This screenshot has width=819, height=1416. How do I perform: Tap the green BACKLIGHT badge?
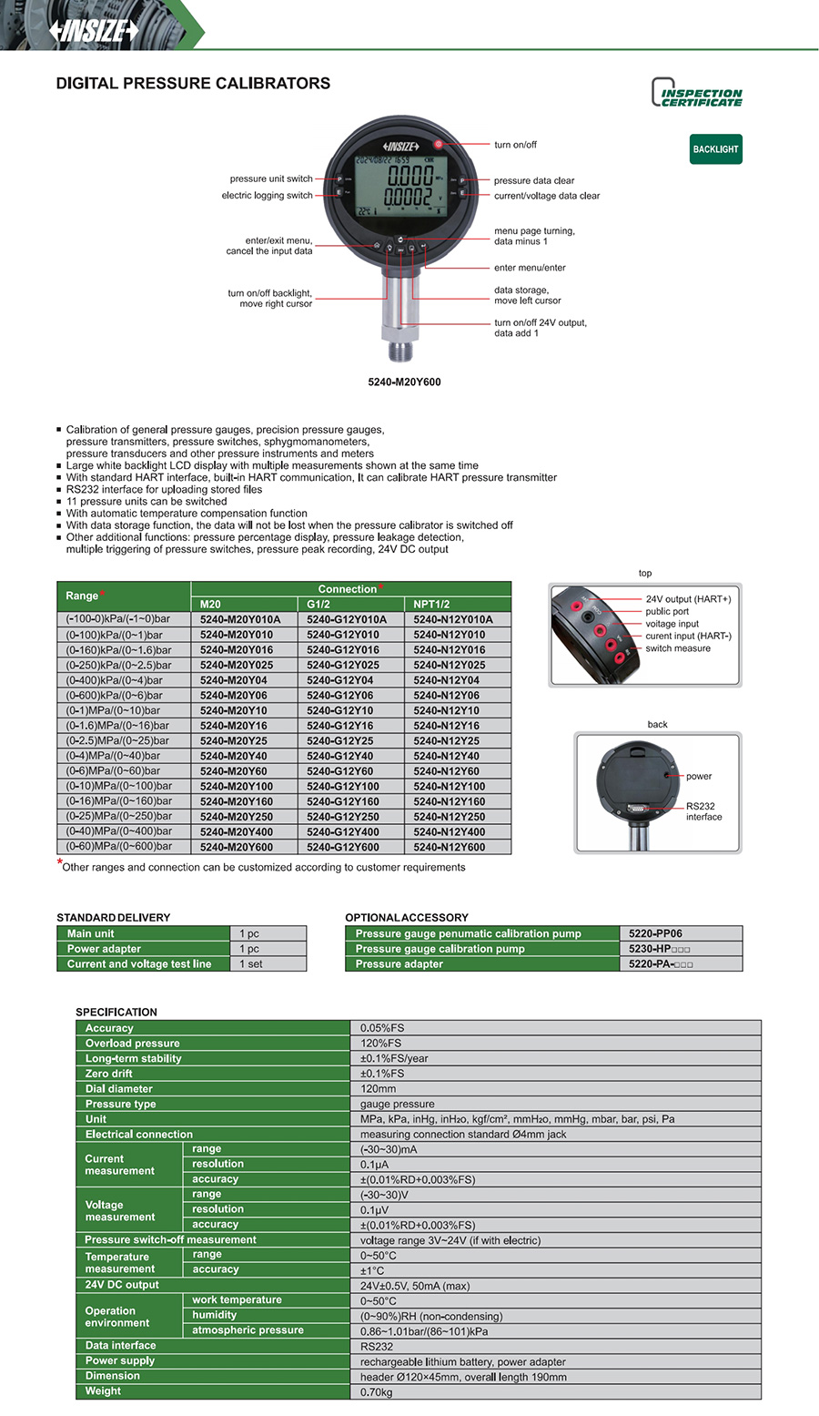(715, 149)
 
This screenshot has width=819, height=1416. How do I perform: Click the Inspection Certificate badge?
(697, 93)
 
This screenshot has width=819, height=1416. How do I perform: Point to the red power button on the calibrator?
(438, 144)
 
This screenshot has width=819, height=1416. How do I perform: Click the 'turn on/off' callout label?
(515, 145)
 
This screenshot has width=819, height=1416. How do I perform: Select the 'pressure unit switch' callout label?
(271, 179)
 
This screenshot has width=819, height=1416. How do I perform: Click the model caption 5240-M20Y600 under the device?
(404, 382)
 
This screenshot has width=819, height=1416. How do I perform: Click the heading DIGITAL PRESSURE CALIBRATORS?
(193, 84)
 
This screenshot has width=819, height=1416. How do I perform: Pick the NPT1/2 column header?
(432, 604)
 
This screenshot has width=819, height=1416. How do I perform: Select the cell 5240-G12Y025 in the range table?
(343, 665)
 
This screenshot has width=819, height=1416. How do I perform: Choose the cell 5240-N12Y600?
(450, 847)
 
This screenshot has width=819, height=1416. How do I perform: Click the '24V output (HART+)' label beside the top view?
(688, 599)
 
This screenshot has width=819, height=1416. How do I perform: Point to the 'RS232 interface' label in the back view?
(703, 811)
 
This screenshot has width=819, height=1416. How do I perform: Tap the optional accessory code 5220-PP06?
(655, 933)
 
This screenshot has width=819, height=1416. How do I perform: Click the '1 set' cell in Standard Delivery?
(251, 964)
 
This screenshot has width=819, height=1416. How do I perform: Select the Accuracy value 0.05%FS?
(382, 1028)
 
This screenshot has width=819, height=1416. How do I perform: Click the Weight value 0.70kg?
(377, 1392)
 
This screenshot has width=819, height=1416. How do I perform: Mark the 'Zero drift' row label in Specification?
(109, 1074)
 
